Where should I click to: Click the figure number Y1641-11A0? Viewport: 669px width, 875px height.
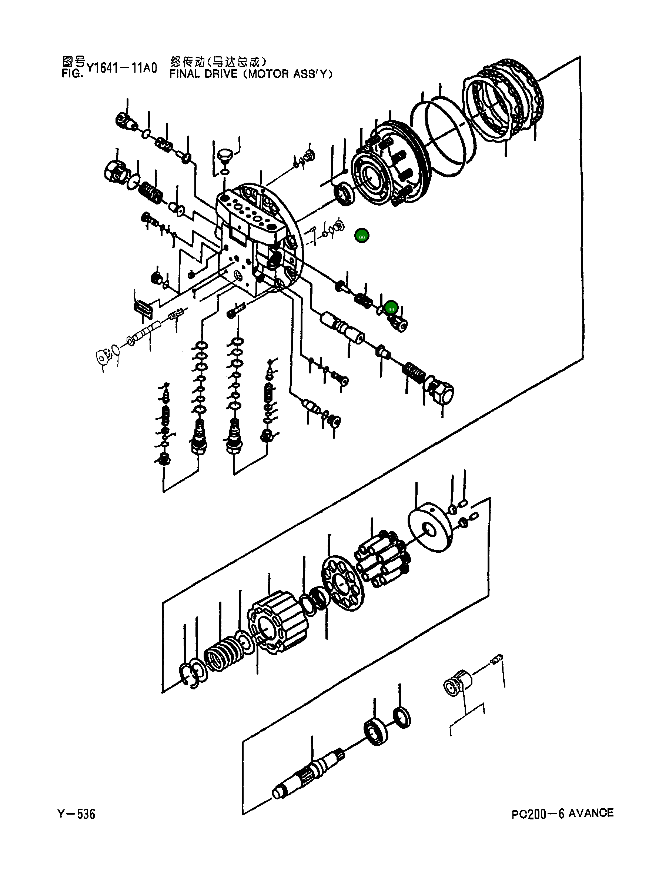121,68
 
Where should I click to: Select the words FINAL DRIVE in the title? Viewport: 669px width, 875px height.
203,74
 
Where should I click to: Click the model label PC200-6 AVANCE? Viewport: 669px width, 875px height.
562,813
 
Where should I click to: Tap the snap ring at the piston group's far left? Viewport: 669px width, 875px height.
187,675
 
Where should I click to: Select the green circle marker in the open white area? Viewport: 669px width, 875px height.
362,236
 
